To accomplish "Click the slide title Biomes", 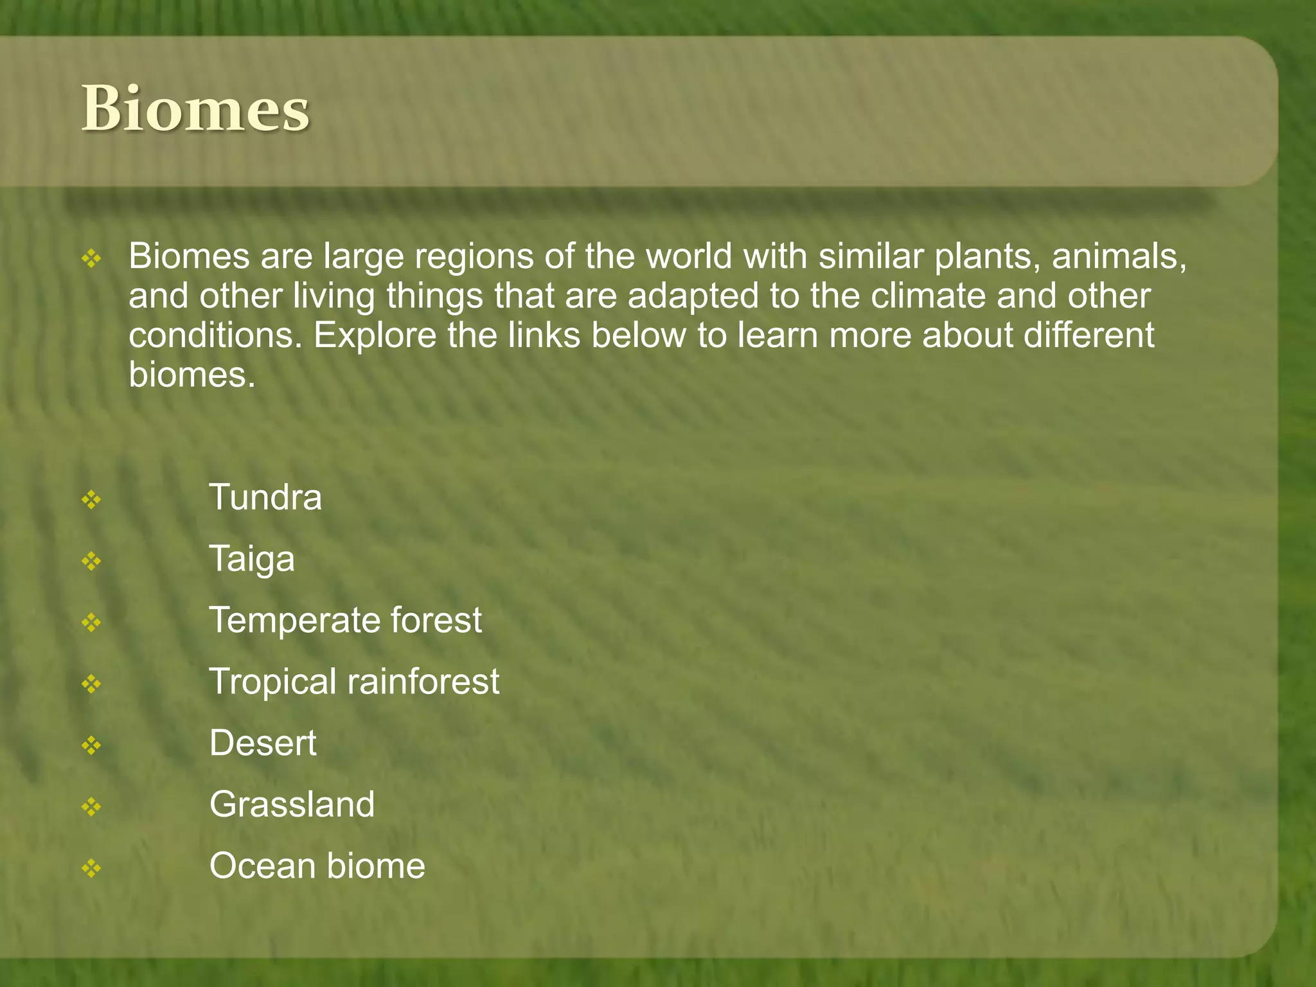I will [x=195, y=110].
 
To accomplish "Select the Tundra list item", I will [x=265, y=497].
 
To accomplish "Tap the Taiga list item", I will [x=252, y=559].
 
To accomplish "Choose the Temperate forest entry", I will [x=346, y=620].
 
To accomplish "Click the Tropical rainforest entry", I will [x=354, y=682].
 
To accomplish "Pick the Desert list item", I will [x=263, y=743].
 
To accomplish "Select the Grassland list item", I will [x=292, y=805].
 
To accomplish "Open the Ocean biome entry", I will [x=317, y=866].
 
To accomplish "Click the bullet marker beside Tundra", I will [x=91, y=500].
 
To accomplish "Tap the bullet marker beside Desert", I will [x=91, y=745].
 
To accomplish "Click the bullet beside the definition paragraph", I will [x=91, y=259].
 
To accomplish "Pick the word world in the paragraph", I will [x=688, y=256].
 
